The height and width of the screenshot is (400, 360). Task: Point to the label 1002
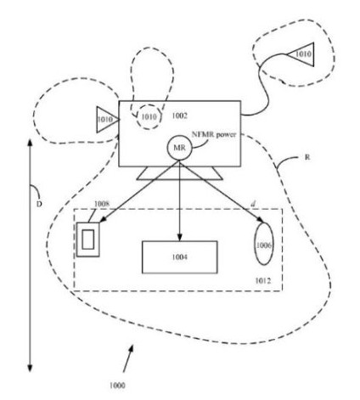pos(180,115)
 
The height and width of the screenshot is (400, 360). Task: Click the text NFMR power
pos(214,134)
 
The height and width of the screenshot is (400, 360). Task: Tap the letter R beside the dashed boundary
pos(307,157)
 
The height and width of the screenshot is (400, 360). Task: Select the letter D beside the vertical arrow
pos(39,204)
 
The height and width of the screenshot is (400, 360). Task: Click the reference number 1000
pos(117,386)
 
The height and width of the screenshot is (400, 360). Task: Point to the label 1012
pos(263,280)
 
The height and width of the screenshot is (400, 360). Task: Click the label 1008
pos(102,204)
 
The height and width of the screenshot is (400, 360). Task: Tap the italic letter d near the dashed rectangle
pos(253,204)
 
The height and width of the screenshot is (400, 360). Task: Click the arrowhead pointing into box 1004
pos(179,237)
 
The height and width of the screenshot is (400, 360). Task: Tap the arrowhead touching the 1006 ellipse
pos(260,220)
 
